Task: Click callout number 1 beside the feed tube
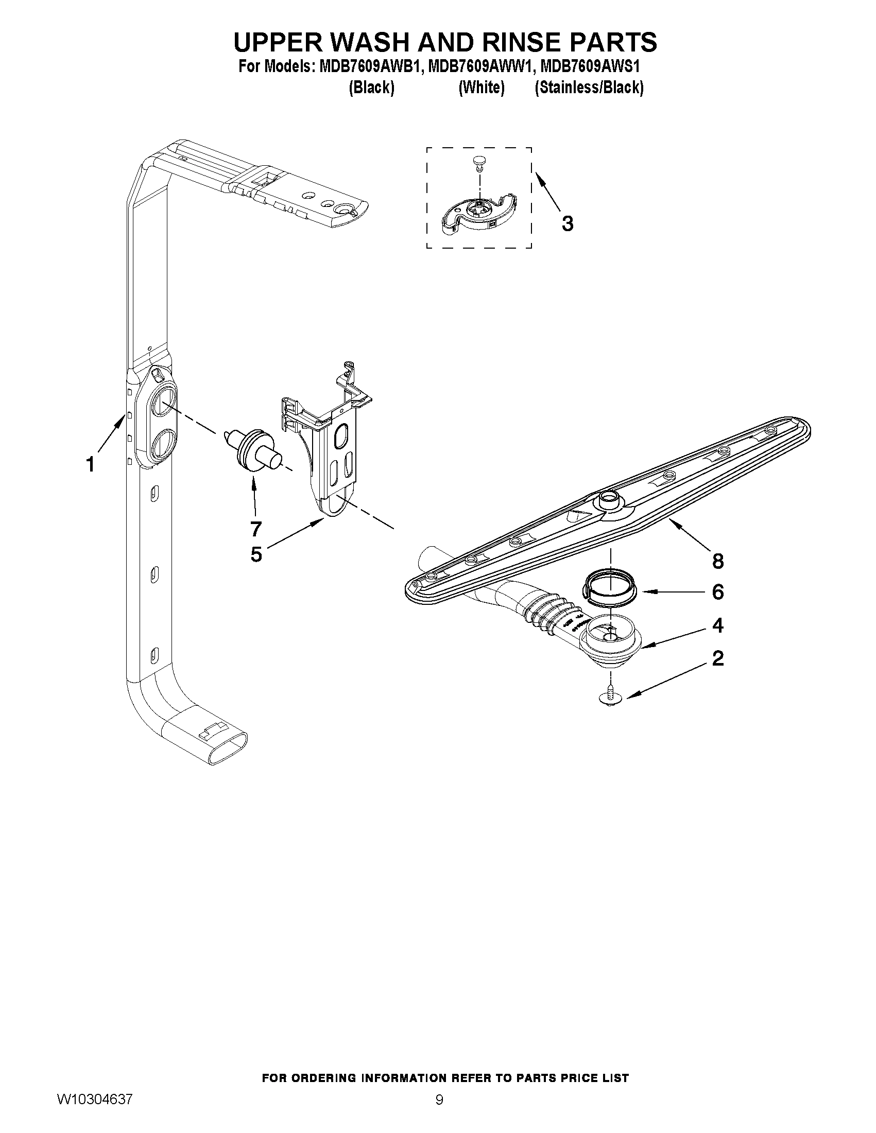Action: pos(91,464)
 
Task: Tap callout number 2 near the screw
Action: pos(718,658)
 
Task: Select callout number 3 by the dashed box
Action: pos(568,223)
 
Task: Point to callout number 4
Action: pos(718,625)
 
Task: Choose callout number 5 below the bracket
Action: pos(256,554)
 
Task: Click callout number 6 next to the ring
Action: pos(718,591)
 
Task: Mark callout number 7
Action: pos(255,529)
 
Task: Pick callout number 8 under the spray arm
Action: pos(718,560)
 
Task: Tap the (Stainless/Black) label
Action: pos(589,88)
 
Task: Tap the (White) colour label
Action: pos(481,88)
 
